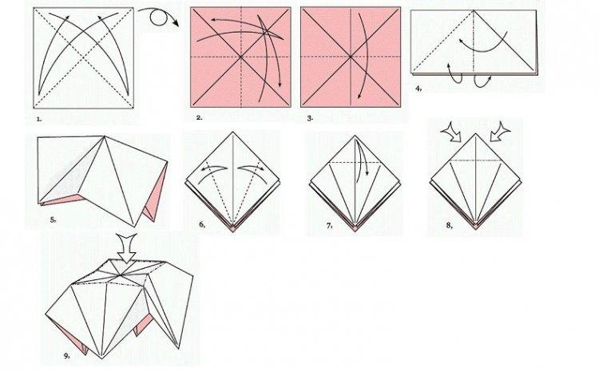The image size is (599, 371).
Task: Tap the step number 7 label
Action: [x=328, y=226]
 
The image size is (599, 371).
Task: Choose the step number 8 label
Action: [x=450, y=226]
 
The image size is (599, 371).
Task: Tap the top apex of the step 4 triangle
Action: [x=474, y=10]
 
